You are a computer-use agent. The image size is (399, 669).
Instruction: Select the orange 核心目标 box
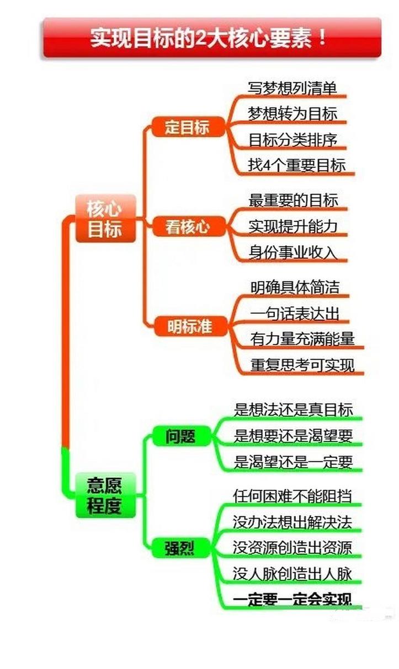(105, 218)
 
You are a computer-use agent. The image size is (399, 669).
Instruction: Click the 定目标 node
(187, 127)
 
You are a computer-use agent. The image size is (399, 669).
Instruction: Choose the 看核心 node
(188, 226)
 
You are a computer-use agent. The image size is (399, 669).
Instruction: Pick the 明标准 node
(189, 326)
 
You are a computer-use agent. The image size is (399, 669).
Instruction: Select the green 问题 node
(180, 436)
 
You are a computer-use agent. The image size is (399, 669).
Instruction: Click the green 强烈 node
(180, 548)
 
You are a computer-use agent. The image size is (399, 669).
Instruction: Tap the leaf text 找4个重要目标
(296, 165)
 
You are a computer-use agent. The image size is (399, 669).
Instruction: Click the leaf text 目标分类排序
(292, 139)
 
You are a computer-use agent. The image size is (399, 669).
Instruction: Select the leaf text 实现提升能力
(293, 226)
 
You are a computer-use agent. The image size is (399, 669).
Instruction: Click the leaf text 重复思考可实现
(302, 364)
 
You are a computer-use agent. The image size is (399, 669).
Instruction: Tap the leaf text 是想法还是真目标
(293, 409)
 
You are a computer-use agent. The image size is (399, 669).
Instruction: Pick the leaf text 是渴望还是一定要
(293, 461)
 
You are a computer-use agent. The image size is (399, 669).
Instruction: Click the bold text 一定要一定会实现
(292, 600)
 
